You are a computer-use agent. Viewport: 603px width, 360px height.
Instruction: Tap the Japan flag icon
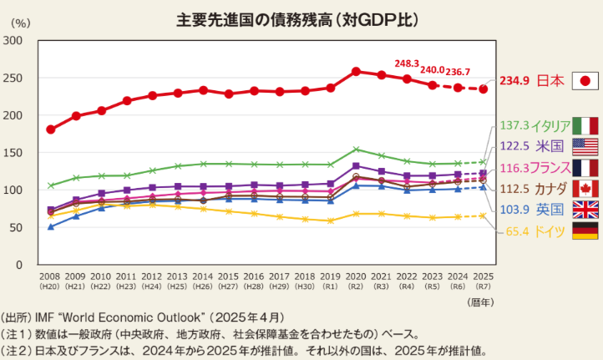tap(585, 81)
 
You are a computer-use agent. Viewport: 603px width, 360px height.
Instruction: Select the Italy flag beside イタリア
tap(585, 126)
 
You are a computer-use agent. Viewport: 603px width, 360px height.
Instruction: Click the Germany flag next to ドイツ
tap(585, 231)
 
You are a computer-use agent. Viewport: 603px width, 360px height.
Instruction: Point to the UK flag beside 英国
tap(585, 209)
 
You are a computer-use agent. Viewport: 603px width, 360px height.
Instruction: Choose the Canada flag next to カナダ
tap(585, 188)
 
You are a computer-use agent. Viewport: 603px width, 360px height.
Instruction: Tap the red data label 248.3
tap(407, 63)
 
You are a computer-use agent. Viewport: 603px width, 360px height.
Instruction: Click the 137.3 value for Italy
tap(514, 126)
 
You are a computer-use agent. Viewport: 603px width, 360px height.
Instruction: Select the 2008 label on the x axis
tap(50, 275)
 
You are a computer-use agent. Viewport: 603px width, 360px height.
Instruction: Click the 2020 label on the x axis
tap(356, 275)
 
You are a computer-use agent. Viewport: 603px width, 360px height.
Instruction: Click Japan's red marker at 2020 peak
tap(356, 71)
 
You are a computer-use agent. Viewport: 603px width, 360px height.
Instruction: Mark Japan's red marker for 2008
tap(50, 129)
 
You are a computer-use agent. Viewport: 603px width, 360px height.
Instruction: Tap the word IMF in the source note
tap(47, 318)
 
